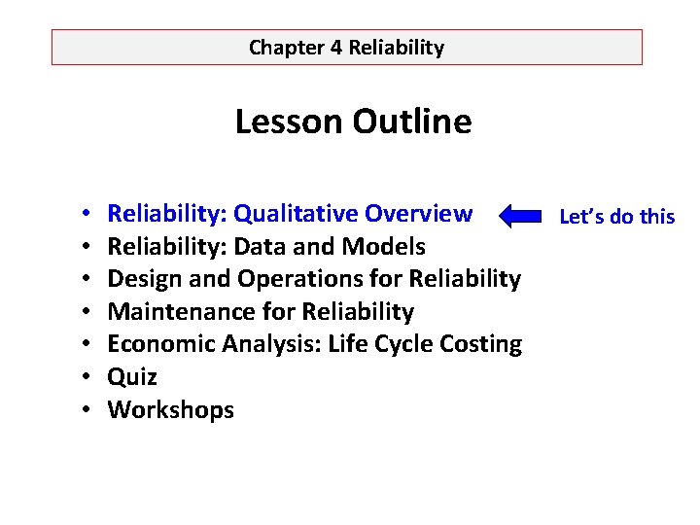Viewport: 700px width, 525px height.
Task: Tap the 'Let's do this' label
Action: tap(616, 216)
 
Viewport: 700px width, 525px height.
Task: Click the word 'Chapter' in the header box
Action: tap(287, 47)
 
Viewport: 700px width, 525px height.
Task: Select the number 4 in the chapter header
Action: tap(336, 47)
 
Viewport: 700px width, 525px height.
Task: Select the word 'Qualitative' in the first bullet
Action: tap(297, 213)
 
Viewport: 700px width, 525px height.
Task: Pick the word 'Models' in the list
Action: tap(388, 246)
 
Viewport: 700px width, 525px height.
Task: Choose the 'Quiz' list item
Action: tap(132, 377)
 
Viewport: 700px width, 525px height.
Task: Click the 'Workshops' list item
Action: tap(171, 410)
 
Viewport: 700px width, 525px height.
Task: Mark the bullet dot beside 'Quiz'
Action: tap(87, 378)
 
